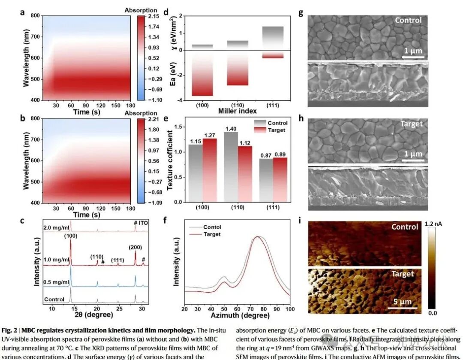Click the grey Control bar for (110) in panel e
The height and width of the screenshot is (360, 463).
click(x=231, y=167)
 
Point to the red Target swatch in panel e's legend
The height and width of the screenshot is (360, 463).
click(x=260, y=130)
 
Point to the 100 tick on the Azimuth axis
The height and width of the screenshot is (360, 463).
click(x=290, y=309)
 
